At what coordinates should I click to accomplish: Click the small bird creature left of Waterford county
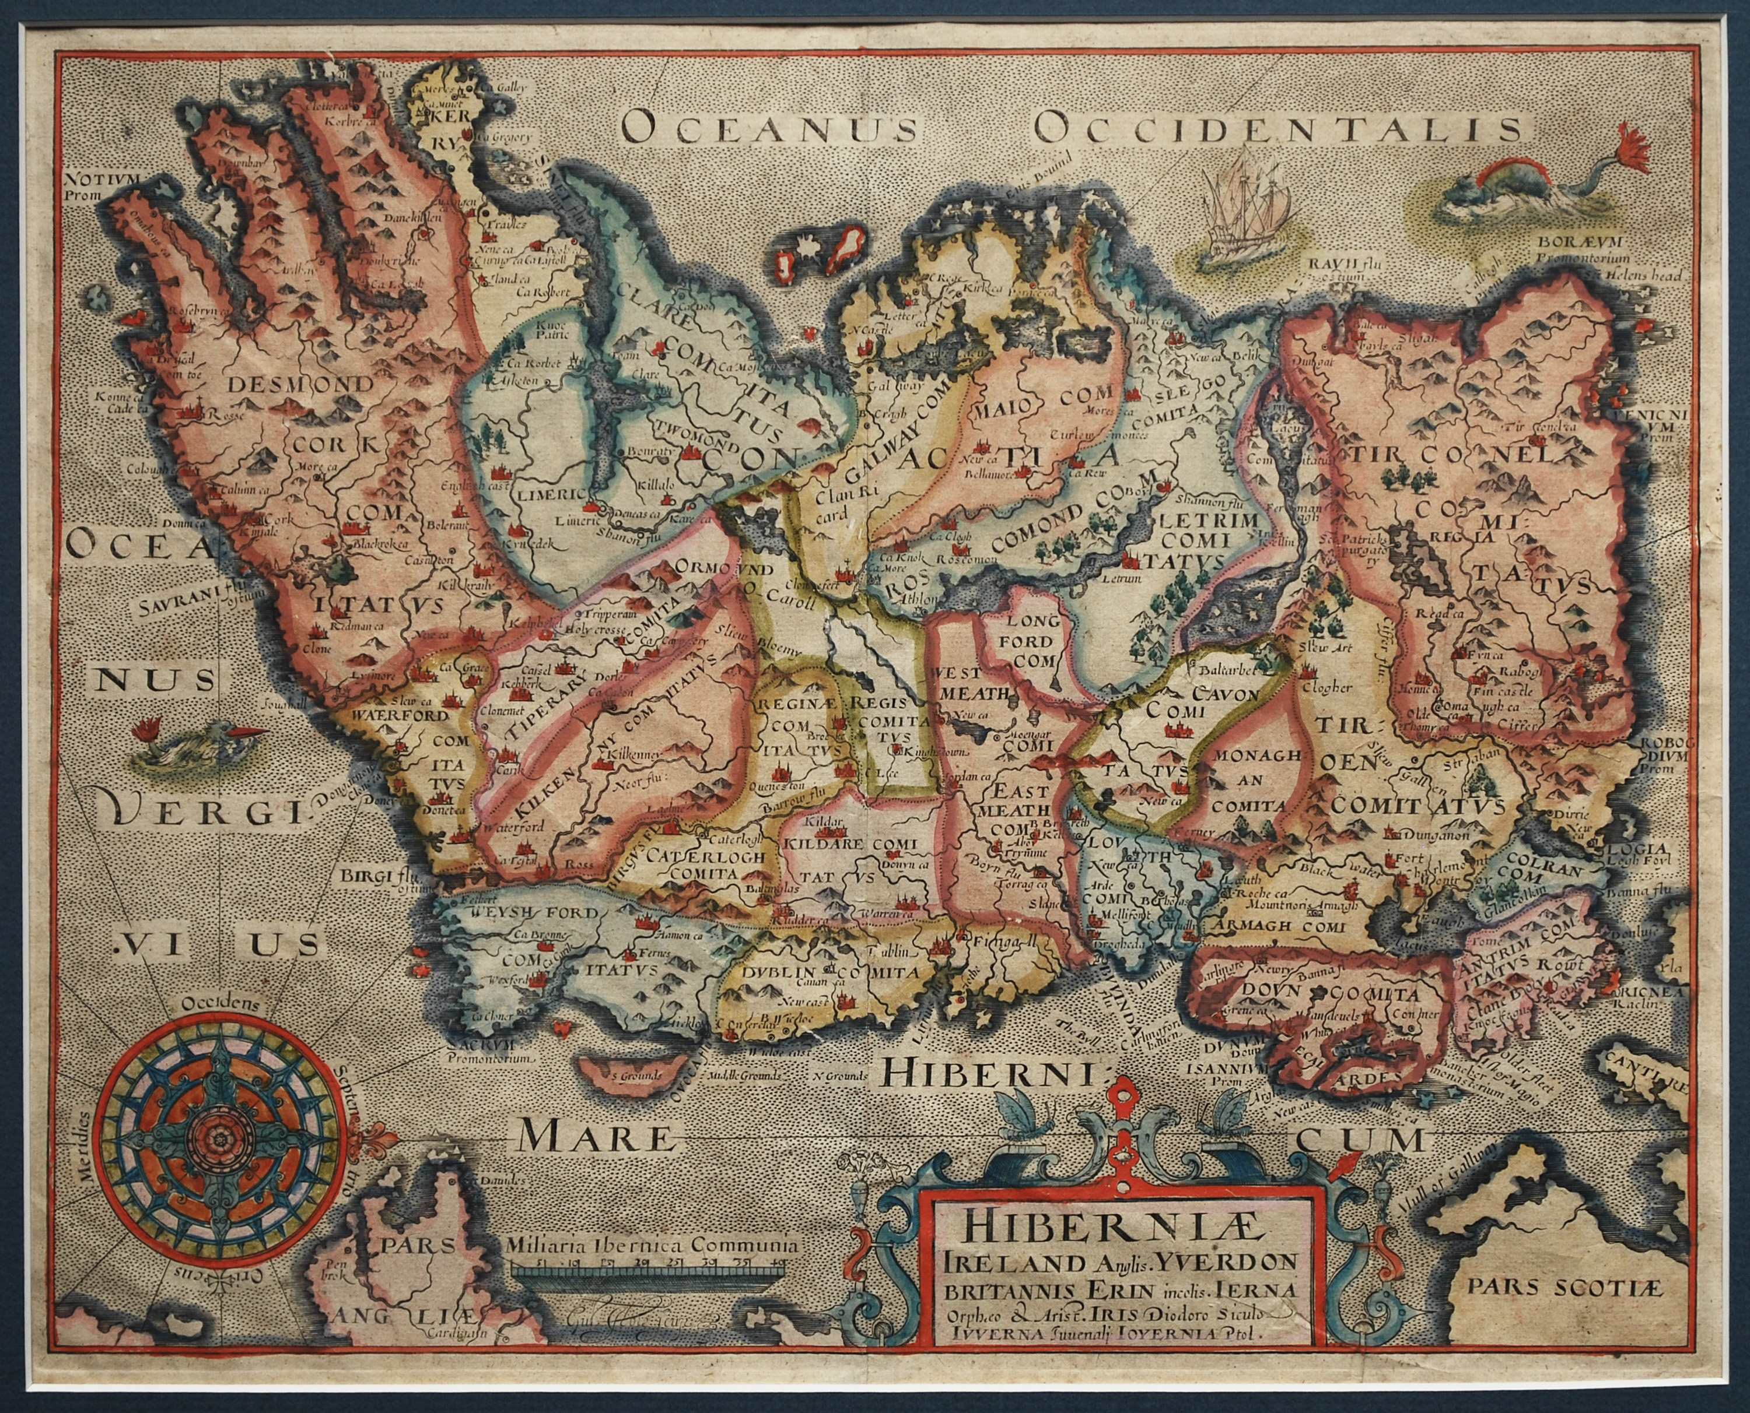pyautogui.click(x=199, y=744)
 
